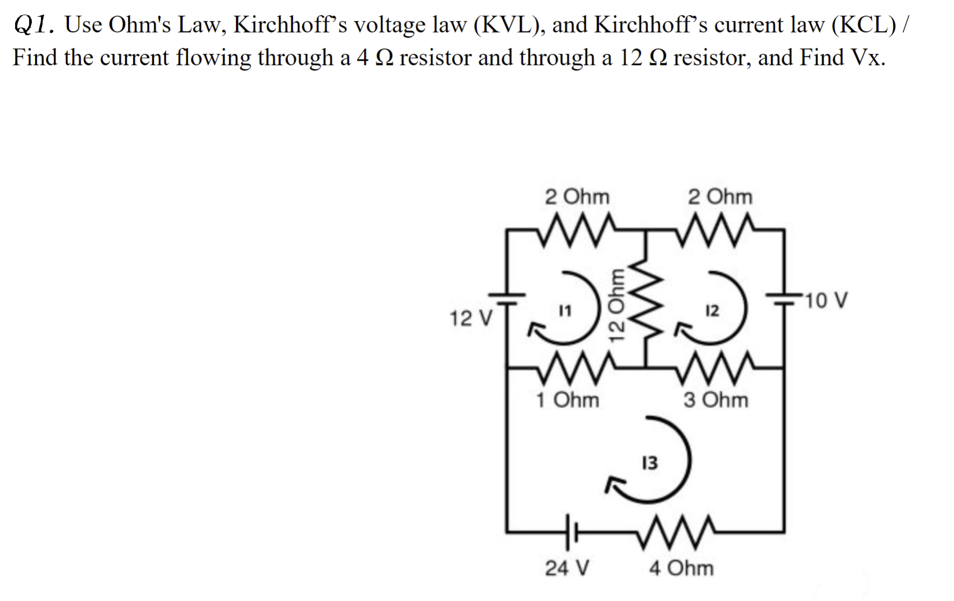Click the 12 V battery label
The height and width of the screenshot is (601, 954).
point(471,319)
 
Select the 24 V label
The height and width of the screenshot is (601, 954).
point(567,568)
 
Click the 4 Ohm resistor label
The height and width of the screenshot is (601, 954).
point(681,568)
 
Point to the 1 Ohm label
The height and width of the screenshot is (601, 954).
point(567,400)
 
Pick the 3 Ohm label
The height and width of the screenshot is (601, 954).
point(715,400)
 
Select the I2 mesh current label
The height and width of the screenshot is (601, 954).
point(712,310)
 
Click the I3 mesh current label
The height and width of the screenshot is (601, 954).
point(650,463)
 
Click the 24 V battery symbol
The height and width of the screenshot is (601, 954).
point(571,533)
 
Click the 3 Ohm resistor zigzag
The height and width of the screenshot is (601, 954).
point(716,367)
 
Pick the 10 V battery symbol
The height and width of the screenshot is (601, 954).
point(784,300)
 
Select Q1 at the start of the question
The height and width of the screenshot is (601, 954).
point(32,25)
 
